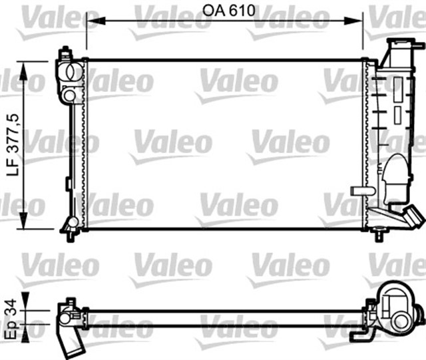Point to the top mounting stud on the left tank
[65, 51]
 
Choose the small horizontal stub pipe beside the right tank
[363, 191]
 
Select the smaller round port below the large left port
[69, 96]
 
